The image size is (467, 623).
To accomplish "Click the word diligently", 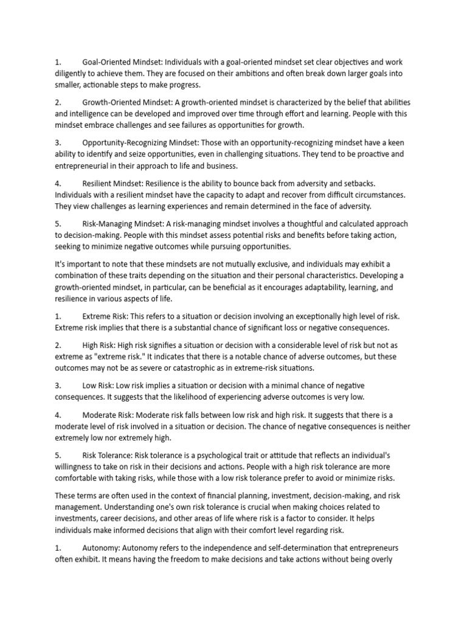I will coord(75,74).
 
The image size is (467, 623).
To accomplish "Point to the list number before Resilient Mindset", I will coord(58,184).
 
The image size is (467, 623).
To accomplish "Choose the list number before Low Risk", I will coord(58,386).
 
